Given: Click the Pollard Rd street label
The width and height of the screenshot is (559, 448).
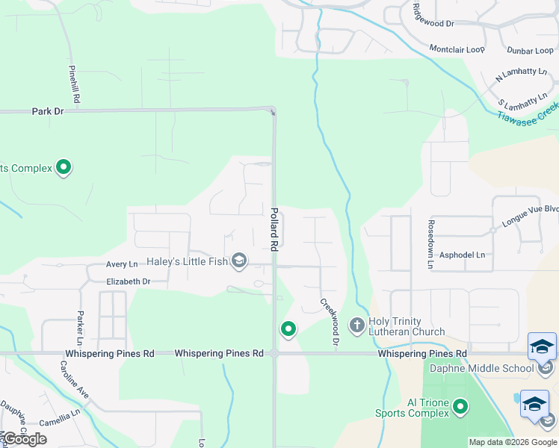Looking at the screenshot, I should point(274,229).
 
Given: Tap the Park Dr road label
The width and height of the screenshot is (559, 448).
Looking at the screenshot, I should point(48,111).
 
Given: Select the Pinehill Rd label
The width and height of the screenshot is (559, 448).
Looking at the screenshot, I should point(73,83).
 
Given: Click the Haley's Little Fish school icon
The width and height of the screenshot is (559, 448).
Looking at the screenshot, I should point(239,260).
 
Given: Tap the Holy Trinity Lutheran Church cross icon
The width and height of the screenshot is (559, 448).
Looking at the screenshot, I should point(356,325).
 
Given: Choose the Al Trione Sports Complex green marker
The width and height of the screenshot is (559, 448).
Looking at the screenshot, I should point(461,407).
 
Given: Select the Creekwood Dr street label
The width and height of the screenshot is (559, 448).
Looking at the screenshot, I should point(330,322).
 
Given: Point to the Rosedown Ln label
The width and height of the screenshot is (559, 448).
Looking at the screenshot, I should point(430,243).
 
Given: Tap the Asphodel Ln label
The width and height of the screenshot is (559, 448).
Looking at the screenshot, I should point(462,255).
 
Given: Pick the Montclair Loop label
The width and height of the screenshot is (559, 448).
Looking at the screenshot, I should point(457,49).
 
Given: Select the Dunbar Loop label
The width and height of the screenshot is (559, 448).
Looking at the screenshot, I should point(530,51).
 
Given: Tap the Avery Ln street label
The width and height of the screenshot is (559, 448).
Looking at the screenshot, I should point(122,264).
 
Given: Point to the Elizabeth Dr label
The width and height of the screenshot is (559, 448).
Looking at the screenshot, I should point(129,281).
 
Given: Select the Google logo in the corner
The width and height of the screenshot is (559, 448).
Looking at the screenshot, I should point(24,439).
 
